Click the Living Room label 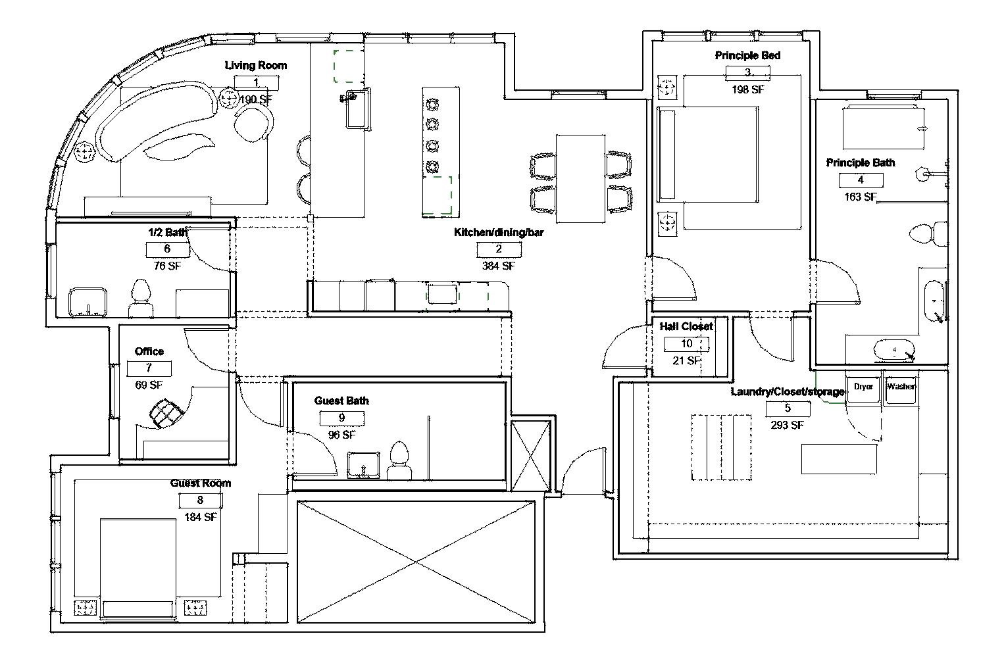(255, 65)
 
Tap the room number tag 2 (499, 249)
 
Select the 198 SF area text (747, 89)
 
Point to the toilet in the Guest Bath (399, 461)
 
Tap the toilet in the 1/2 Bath (141, 299)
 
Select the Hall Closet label (686, 327)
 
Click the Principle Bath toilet (928, 234)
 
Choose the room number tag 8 (201, 501)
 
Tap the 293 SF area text (787, 425)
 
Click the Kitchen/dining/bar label (499, 232)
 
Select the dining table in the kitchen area (580, 179)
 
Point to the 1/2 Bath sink (88, 303)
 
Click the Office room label (149, 352)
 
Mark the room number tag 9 (341, 418)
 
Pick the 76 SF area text (167, 266)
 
